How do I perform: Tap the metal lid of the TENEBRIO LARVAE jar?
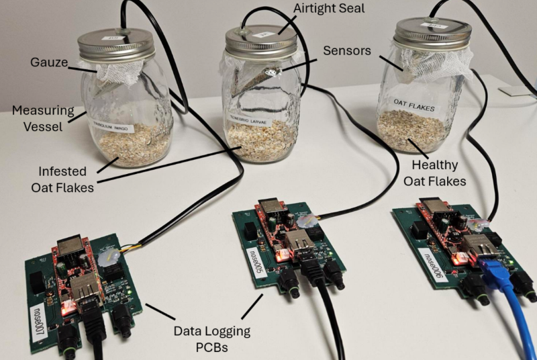(x=260, y=42)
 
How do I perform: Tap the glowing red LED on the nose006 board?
(x=460, y=258)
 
